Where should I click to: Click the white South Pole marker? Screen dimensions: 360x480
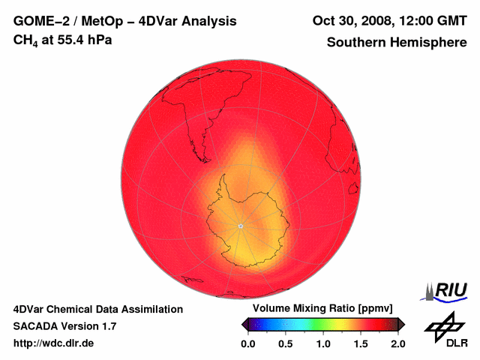click(x=240, y=226)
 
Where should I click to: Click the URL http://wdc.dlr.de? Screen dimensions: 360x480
click(x=54, y=343)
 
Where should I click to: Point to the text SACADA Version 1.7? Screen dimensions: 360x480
click(x=64, y=326)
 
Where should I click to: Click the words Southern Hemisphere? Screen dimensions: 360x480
click(x=396, y=43)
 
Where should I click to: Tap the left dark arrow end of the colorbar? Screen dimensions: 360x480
click(x=244, y=324)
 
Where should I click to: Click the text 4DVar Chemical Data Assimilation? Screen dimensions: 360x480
click(x=98, y=309)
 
